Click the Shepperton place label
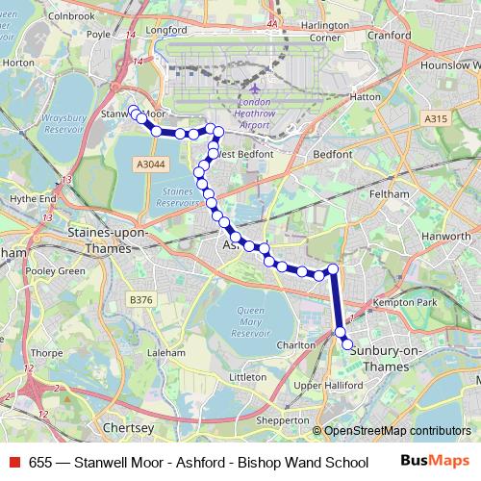(284, 420)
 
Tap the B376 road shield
(141, 300)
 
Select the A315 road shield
(435, 118)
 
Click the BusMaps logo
(436, 461)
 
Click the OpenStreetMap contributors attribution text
(397, 431)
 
